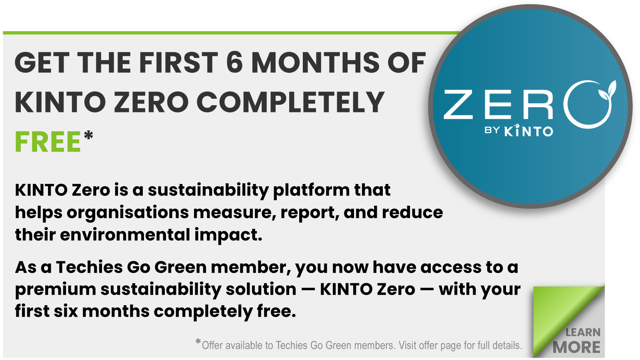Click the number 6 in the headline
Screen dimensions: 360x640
[x=234, y=63]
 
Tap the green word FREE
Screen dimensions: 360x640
[x=48, y=142]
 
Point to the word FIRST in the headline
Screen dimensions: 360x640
[x=178, y=63]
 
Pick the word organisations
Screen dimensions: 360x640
[x=128, y=213]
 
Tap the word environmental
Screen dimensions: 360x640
[x=125, y=235]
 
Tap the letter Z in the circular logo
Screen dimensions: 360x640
[x=459, y=104]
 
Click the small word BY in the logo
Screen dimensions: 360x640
[x=492, y=130]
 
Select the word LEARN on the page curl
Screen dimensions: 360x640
[x=583, y=332]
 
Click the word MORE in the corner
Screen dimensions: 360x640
[x=576, y=347]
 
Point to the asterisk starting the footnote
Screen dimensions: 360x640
[x=198, y=342]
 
